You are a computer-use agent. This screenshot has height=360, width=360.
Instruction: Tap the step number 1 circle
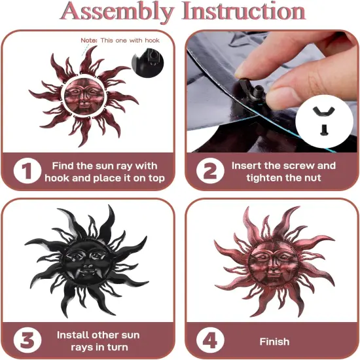click(27, 171)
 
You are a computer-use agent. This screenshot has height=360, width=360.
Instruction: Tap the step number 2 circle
click(210, 171)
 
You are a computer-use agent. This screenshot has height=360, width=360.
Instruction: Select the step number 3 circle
click(27, 340)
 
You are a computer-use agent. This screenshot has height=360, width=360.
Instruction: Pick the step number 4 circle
click(210, 340)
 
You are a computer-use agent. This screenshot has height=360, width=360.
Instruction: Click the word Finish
click(274, 342)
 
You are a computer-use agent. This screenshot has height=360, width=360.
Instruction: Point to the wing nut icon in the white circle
click(324, 111)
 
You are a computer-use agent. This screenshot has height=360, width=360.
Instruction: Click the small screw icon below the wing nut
click(324, 130)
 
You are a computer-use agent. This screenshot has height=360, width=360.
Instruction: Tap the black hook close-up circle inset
click(148, 63)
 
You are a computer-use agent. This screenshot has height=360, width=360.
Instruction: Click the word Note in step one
click(88, 41)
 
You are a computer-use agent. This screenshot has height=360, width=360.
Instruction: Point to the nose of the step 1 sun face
click(84, 99)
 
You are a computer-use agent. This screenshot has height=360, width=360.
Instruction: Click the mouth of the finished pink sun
click(272, 274)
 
